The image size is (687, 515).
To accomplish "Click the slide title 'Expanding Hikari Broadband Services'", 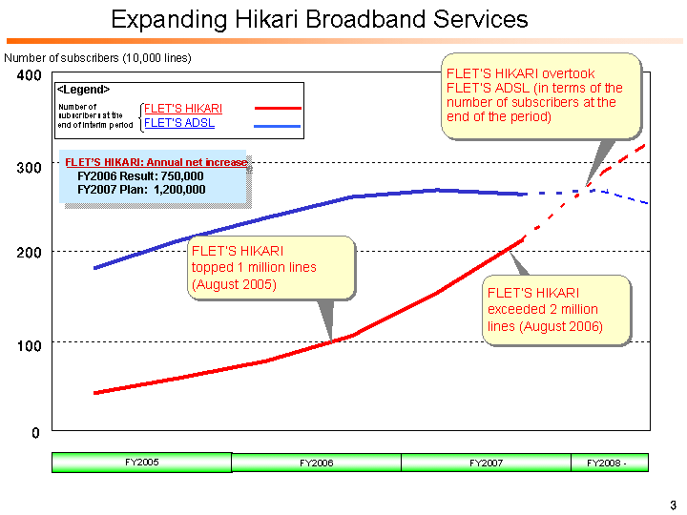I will tap(319, 19).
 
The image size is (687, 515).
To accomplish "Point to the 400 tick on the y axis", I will tap(29, 75).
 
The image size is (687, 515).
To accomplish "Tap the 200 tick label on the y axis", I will tap(29, 254).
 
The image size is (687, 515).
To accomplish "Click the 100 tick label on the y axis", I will tap(29, 344).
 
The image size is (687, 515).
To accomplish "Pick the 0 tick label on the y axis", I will tap(35, 433).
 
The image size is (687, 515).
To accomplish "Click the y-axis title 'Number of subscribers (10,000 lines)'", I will tap(98, 58).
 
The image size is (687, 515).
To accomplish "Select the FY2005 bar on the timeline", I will tap(141, 463).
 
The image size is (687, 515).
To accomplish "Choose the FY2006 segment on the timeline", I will tap(316, 463).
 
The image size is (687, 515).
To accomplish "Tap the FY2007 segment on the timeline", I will tap(486, 463).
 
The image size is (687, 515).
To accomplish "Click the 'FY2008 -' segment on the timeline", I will tap(610, 463).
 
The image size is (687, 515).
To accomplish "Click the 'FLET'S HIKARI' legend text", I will tap(182, 109).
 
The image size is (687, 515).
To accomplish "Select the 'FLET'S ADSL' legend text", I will tap(178, 123).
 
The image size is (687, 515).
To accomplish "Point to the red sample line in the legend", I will tap(278, 109).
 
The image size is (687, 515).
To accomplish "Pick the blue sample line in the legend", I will tap(278, 125).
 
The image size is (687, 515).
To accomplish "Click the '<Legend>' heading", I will tap(83, 89).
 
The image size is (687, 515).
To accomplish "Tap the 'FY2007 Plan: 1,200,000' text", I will tap(140, 190).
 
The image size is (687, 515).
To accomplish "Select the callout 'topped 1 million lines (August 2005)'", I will tap(272, 267).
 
